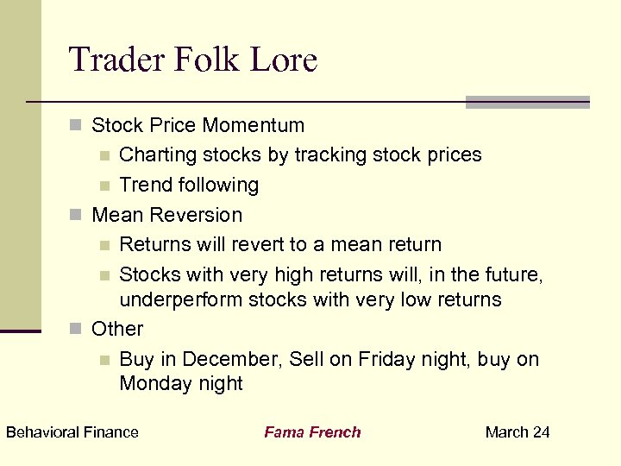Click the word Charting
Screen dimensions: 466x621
pyautogui.click(x=158, y=155)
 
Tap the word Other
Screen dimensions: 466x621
pyautogui.click(x=117, y=329)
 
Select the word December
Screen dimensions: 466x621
pyautogui.click(x=224, y=359)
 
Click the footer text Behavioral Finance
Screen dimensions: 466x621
pyautogui.click(x=72, y=432)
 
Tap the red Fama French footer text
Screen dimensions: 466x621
pyautogui.click(x=312, y=432)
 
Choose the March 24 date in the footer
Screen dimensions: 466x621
pyautogui.click(x=517, y=432)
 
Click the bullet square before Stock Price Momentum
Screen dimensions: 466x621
pyautogui.click(x=76, y=126)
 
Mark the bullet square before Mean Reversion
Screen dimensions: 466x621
pyautogui.click(x=76, y=215)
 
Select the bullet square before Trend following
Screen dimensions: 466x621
pyautogui.click(x=104, y=186)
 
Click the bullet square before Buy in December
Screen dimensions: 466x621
pyautogui.click(x=104, y=360)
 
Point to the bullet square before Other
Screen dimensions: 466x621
pyautogui.click(x=76, y=330)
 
